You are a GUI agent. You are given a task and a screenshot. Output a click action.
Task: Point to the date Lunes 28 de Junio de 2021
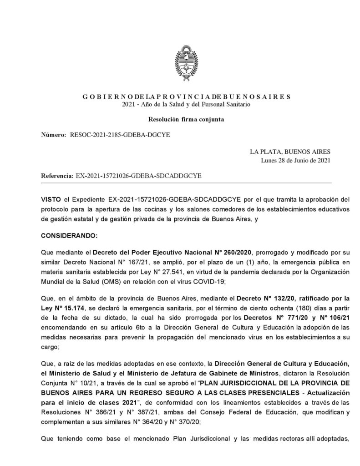pyautogui.click(x=295, y=160)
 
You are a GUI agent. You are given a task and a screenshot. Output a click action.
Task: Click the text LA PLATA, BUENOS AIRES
pyautogui.click(x=290, y=152)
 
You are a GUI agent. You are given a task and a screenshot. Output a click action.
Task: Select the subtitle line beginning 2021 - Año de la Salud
pyautogui.click(x=186, y=105)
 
